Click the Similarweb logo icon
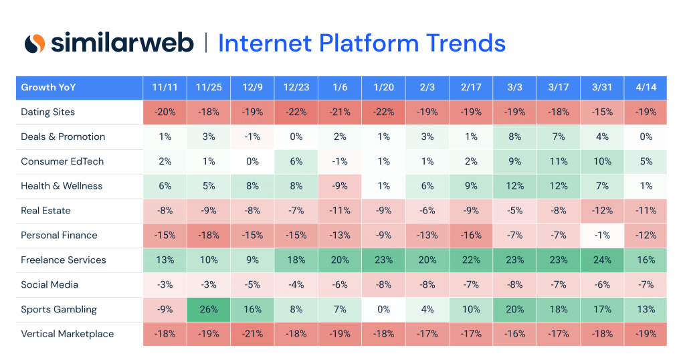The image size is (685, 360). [x=35, y=43]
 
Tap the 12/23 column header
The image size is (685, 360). [x=296, y=88]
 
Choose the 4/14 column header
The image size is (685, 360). [x=645, y=88]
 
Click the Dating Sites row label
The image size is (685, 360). [x=48, y=112]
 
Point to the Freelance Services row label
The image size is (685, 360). [x=64, y=260]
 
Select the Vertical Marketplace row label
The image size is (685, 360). [x=68, y=334]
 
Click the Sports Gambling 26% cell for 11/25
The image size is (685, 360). [x=209, y=309]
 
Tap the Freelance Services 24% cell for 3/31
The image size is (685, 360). [x=602, y=260]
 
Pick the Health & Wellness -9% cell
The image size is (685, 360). [x=340, y=186]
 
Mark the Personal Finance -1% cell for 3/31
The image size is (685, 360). [x=602, y=236]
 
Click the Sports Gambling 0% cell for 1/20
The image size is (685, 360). [x=383, y=309]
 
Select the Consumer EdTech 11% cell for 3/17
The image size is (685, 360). [x=558, y=161]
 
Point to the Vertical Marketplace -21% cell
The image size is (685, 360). [x=253, y=334]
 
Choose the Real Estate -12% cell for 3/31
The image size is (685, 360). [x=602, y=211]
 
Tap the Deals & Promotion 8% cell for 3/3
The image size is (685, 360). [x=514, y=137]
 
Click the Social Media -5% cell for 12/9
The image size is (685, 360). [x=253, y=284]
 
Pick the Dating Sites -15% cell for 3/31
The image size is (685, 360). [x=602, y=112]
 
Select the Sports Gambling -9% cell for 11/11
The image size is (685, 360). [x=165, y=309]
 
